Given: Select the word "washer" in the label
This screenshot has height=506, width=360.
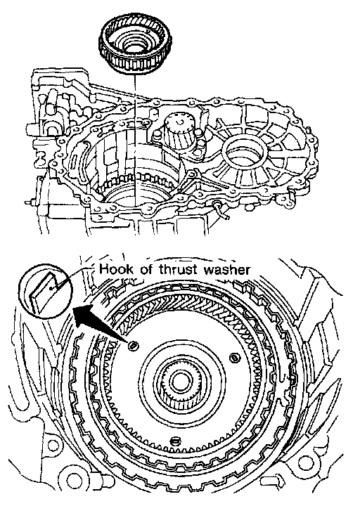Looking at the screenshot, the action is (x=226, y=269).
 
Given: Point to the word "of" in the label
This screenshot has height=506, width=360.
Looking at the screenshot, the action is (x=146, y=269).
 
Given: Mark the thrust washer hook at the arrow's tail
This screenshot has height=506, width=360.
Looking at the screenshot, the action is (x=133, y=346).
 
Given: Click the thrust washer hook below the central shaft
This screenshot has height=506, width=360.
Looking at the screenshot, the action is (x=174, y=440).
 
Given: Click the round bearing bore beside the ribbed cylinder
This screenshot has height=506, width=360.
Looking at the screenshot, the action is (x=246, y=151).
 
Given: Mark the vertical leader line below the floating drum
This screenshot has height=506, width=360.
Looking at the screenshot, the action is (x=135, y=139).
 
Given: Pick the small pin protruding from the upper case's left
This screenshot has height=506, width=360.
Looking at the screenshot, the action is (x=31, y=202).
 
